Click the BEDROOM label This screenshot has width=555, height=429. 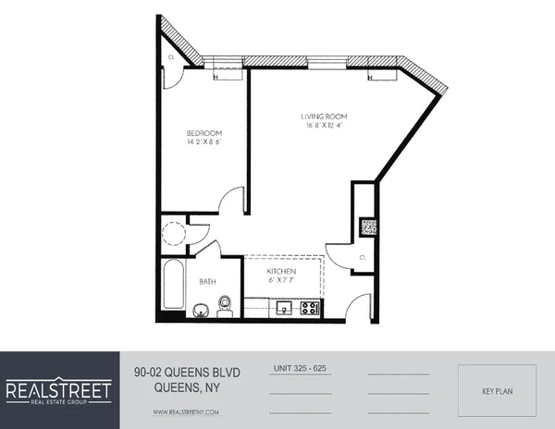pos(204,133)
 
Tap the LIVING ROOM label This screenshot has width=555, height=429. pos(323,116)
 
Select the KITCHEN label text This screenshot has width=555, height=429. pos(281,271)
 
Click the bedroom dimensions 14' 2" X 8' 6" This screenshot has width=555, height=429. pos(204,143)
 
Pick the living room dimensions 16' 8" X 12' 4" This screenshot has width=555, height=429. pos(323,126)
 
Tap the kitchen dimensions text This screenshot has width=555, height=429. pos(281,280)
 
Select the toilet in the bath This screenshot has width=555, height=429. pos(224,306)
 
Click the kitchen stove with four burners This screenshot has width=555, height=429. pos(311,308)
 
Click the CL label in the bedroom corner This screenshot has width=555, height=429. pos(171,57)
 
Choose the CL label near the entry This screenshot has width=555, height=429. pos(363,257)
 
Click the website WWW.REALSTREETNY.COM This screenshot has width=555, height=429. pos(186,411)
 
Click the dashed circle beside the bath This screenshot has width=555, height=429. pos(172,231)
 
